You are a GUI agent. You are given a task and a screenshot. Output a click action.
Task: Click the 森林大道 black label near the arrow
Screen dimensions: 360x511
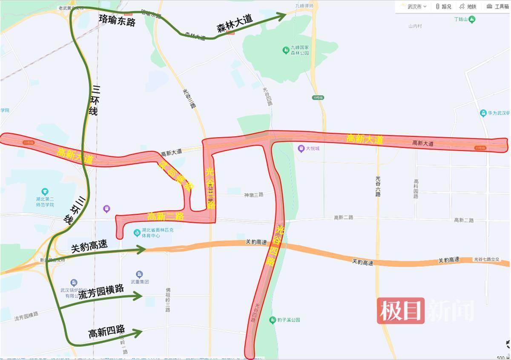pyautogui.click(x=235, y=23)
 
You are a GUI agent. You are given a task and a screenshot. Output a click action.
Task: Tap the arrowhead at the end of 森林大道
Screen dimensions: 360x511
pyautogui.click(x=282, y=16)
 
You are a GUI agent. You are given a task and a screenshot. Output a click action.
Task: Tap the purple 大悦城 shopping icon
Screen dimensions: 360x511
pyautogui.click(x=301, y=148)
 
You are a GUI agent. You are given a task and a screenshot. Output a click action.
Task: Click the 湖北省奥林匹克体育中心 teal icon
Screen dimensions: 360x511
pyautogui.click(x=137, y=233)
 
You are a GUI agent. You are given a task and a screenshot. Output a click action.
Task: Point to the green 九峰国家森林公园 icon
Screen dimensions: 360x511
pyautogui.click(x=286, y=50)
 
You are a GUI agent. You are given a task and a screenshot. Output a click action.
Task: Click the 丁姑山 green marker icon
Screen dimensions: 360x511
pyautogui.click(x=471, y=19)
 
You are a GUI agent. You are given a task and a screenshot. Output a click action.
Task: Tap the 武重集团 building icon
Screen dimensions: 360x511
pyautogui.click(x=139, y=274)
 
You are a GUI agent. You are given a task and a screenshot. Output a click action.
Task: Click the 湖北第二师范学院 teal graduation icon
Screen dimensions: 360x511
pyautogui.click(x=45, y=192)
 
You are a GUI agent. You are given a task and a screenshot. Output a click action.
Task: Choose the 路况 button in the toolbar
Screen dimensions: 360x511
pyautogui.click(x=443, y=6)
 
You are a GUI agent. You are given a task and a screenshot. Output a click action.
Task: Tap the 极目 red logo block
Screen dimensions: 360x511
pyautogui.click(x=401, y=311)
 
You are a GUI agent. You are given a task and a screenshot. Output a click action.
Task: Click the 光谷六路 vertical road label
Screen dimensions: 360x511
pyautogui.click(x=378, y=186)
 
